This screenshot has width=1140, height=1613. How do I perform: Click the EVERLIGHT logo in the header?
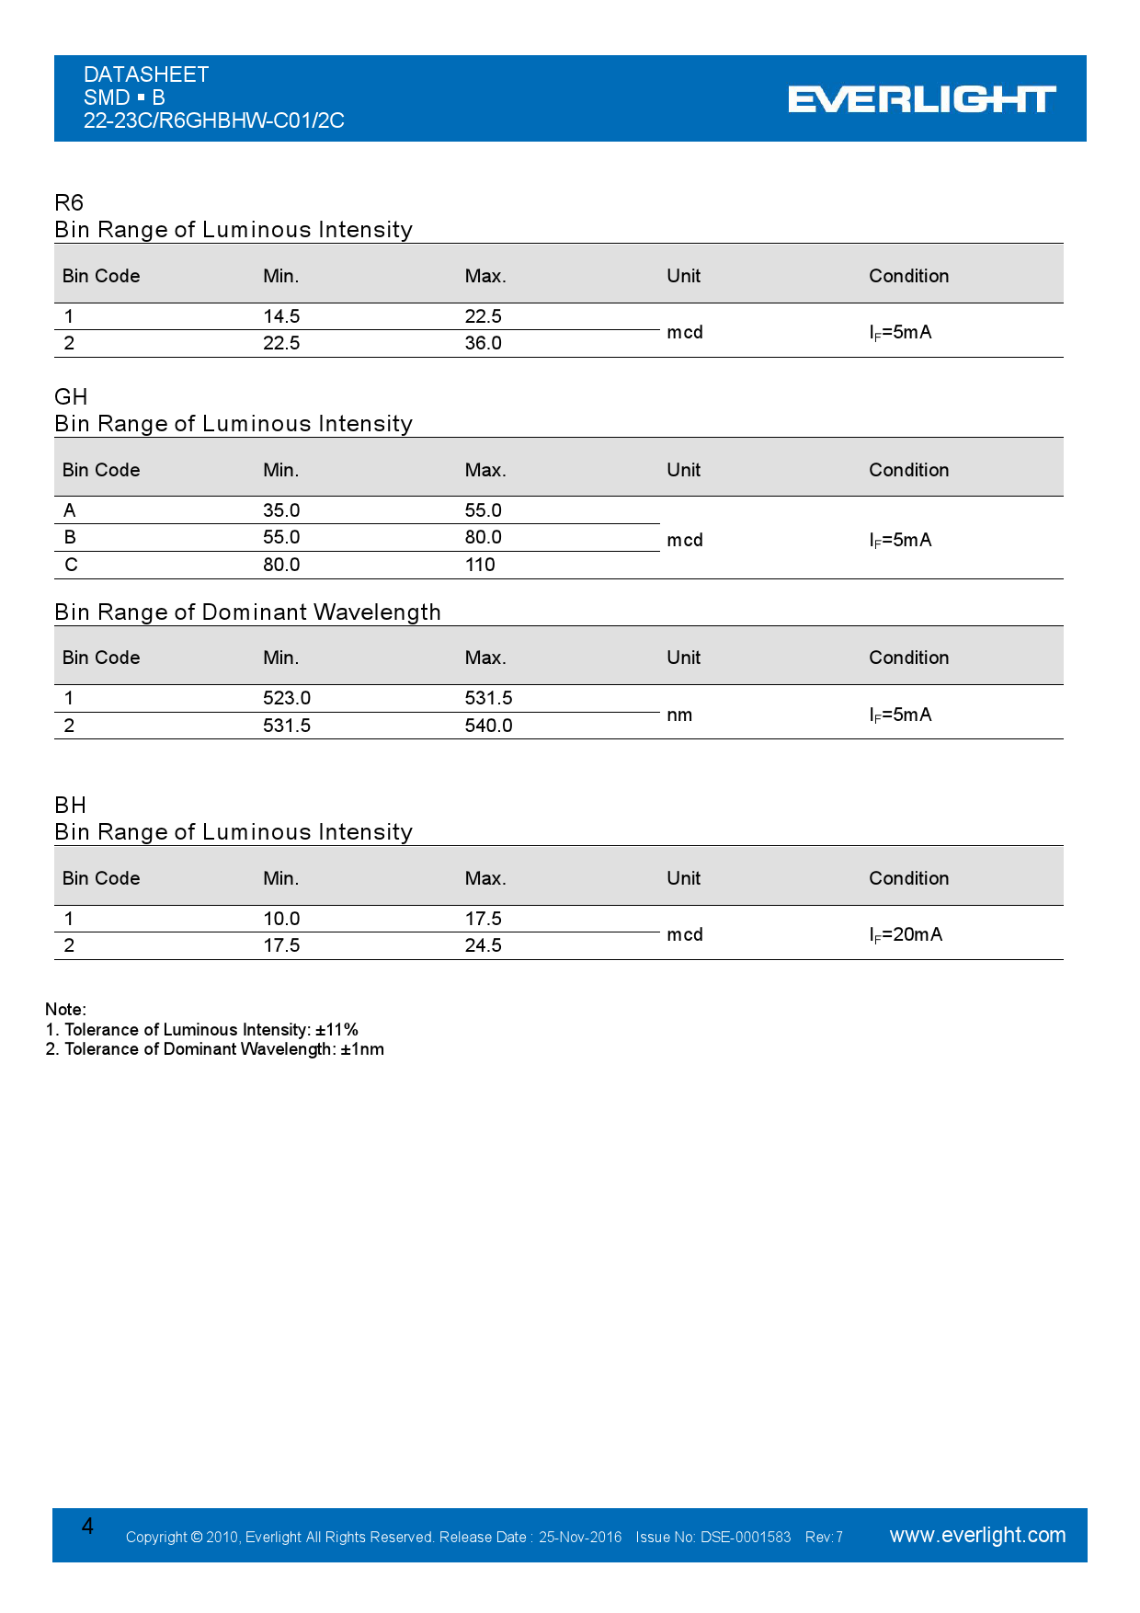921,99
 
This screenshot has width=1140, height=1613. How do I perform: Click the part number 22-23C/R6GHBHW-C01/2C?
213,120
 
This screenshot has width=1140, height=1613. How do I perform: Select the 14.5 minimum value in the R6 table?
281,316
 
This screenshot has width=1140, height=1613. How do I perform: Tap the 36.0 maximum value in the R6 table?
483,343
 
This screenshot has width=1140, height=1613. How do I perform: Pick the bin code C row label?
71,565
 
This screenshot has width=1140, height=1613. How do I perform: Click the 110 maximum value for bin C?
480,565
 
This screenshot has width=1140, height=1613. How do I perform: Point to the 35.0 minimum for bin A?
281,510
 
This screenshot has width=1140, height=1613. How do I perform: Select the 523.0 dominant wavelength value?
286,698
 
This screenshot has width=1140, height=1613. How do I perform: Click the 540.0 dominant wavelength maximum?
488,726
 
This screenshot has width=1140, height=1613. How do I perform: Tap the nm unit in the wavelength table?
679,715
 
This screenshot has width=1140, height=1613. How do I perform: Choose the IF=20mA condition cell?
906,934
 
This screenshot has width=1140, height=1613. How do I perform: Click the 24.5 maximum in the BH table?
483,945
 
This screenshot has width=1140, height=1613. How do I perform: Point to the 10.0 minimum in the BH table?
281,919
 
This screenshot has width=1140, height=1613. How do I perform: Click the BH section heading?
71,806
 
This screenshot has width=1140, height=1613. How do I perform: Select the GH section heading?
71,396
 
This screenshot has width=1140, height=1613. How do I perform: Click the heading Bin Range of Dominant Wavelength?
247,612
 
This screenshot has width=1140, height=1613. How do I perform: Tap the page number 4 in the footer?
87,1527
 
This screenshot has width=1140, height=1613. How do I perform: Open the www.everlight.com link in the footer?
977,1535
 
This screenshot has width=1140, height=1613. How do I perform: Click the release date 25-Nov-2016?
580,1538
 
